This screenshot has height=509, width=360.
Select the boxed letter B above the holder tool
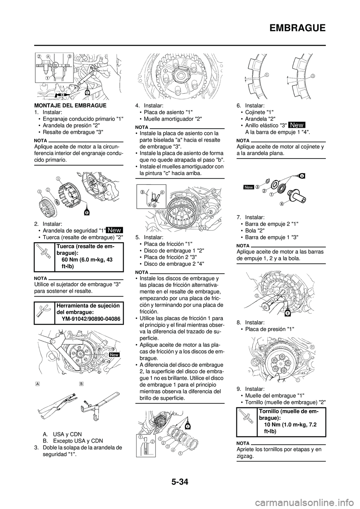81,383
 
